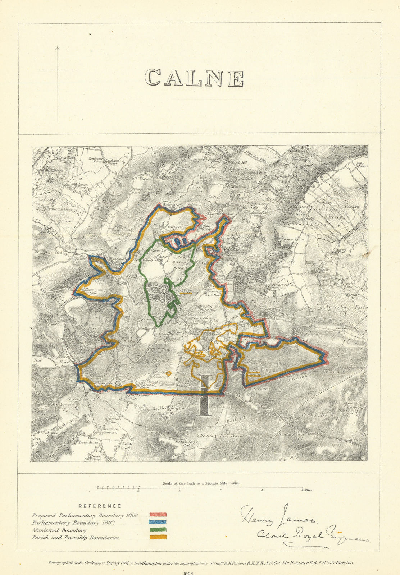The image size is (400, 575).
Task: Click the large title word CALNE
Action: tap(194, 78)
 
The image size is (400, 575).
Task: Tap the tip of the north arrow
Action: tap(58, 46)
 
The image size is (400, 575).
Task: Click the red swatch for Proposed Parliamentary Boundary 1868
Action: tap(158, 515)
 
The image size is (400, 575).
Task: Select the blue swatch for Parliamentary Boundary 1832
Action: tap(158, 523)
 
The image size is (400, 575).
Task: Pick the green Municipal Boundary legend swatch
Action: tap(158, 530)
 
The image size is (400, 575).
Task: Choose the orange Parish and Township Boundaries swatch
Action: tap(158, 538)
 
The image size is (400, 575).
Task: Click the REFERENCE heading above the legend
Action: tap(100, 506)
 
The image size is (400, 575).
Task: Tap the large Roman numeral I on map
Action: tap(205, 395)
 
